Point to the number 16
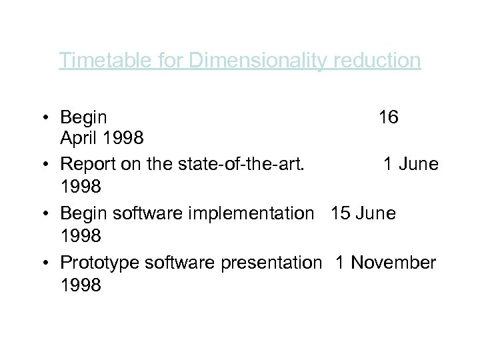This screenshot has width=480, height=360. [388, 118]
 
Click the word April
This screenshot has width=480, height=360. [78, 139]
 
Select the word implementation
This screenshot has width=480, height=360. [253, 213]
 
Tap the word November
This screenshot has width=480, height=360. [393, 263]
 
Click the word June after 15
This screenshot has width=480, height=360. [377, 213]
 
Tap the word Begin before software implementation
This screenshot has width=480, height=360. [83, 213]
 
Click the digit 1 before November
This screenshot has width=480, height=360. [340, 263]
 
